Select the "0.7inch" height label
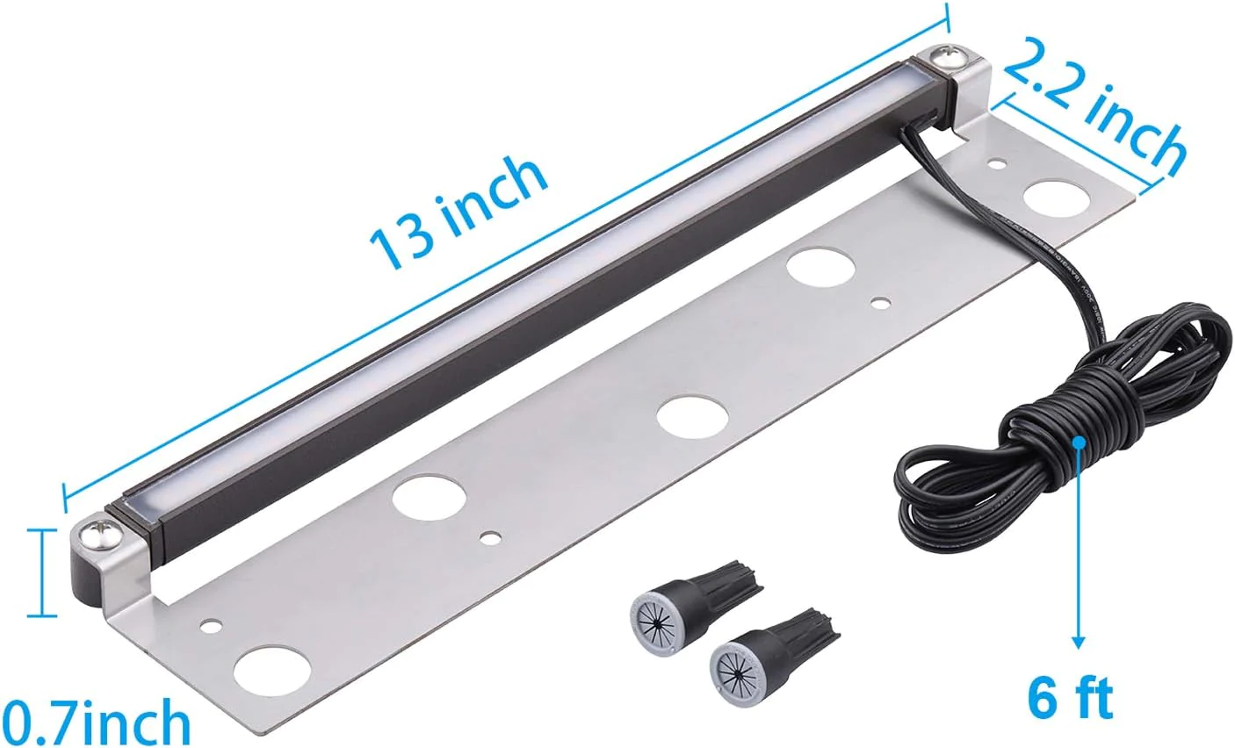pos(95,722)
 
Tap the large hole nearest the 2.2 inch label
pos(1055,198)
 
